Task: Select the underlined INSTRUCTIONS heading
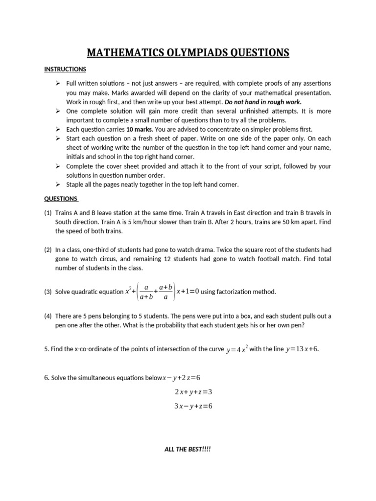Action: [65, 69]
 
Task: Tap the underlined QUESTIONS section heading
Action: [61, 199]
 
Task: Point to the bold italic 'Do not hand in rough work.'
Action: [263, 102]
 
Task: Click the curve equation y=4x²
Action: [237, 349]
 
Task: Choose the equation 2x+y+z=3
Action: [193, 392]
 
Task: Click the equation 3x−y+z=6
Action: [193, 406]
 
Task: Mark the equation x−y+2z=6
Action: [182, 378]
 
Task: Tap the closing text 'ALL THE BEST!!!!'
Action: [188, 450]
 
